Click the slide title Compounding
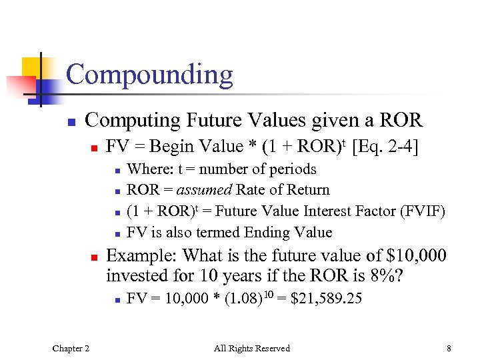coord(149,75)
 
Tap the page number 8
coord(449,348)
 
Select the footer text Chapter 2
coord(72,348)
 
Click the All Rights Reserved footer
coord(251,348)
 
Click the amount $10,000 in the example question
coord(412,255)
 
